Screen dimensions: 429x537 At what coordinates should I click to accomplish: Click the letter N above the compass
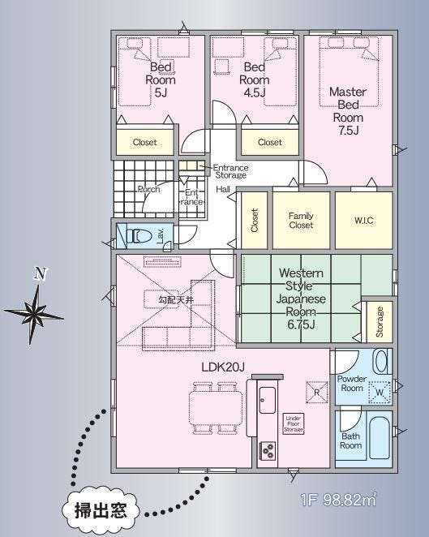41,274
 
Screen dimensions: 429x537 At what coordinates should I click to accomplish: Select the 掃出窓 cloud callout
101,510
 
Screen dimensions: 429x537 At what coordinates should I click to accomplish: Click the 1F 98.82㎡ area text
339,500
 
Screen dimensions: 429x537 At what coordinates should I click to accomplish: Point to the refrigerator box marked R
317,392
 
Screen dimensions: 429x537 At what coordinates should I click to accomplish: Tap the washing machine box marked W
380,393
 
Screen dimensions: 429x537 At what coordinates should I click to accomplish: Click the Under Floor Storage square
294,423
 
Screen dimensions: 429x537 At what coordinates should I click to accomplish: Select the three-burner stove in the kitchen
268,450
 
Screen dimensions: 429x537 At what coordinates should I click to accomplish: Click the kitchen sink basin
268,400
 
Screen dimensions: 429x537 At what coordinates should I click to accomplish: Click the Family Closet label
301,220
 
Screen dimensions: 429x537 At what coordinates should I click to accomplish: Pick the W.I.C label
363,220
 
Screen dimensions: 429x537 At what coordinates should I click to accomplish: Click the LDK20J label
222,367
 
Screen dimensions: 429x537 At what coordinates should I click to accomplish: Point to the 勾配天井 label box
175,300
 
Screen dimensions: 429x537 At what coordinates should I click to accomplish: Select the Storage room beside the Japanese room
380,321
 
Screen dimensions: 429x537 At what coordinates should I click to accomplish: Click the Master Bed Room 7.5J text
348,110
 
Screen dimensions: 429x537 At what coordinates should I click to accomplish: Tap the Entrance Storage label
230,171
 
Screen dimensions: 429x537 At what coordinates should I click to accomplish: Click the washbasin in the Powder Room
381,361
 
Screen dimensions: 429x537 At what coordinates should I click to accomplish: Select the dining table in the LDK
216,408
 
